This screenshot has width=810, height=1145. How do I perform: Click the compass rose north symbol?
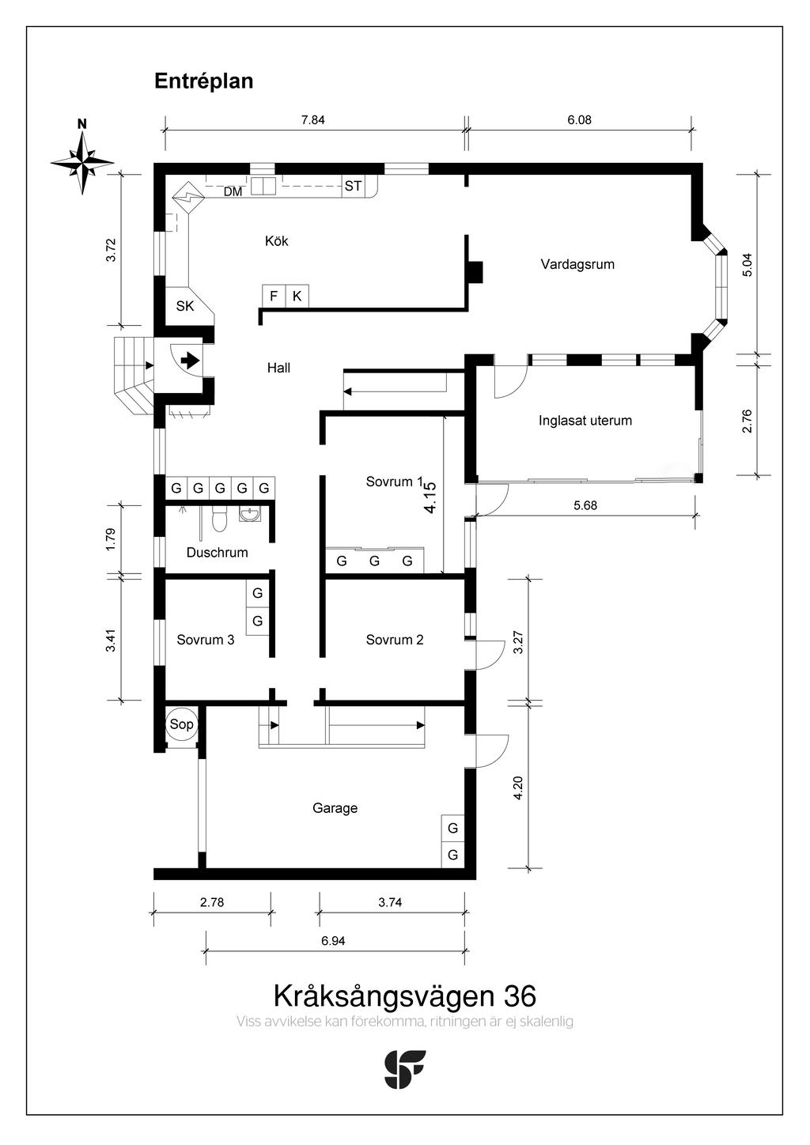(x=81, y=161)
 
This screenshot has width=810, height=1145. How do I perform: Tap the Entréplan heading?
(x=203, y=81)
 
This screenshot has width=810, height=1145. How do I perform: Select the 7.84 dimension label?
(x=312, y=120)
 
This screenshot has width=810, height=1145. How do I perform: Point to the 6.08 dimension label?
(x=579, y=120)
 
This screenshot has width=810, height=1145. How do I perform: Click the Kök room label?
(x=276, y=241)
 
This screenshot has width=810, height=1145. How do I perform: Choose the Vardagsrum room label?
(x=577, y=264)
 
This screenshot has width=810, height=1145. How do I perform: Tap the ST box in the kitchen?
(x=353, y=187)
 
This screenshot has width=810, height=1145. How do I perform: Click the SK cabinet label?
(x=185, y=306)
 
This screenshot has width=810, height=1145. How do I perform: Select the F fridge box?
(x=274, y=297)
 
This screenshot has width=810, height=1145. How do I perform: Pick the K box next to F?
(x=297, y=297)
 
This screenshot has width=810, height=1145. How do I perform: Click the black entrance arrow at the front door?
(x=190, y=361)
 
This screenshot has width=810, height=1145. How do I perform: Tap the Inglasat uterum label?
(x=585, y=421)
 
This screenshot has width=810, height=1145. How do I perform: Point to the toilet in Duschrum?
(x=220, y=519)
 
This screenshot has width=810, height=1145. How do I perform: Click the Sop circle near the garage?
(x=181, y=724)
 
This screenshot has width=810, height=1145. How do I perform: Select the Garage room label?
(x=335, y=808)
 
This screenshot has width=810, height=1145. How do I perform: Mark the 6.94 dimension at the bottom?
(x=333, y=941)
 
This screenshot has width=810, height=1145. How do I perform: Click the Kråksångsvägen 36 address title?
(x=404, y=995)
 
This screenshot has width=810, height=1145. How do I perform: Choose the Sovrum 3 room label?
(x=206, y=640)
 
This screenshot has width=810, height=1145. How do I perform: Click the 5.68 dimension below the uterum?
(x=585, y=506)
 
